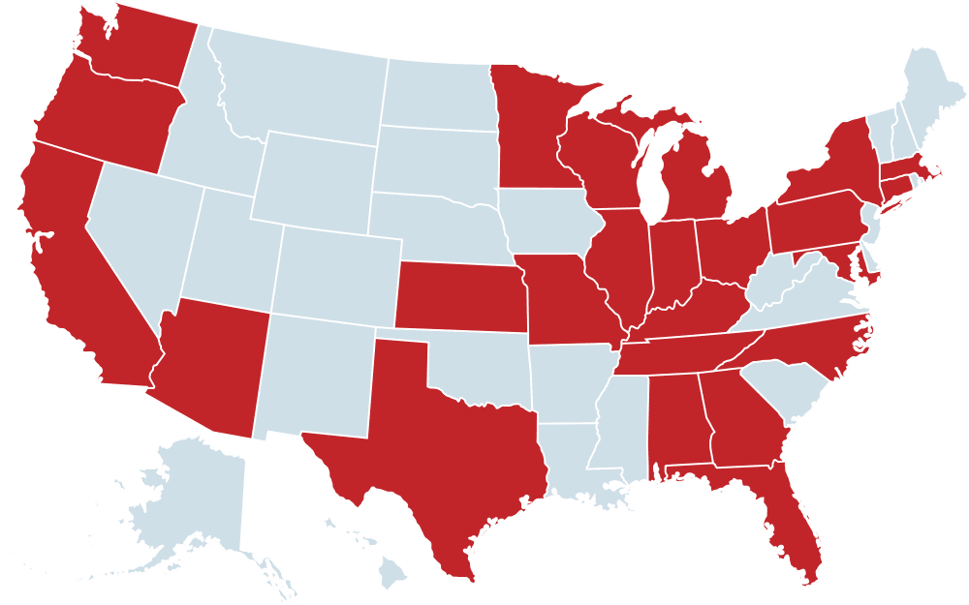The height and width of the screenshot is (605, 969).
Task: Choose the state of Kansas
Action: point(455,295)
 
